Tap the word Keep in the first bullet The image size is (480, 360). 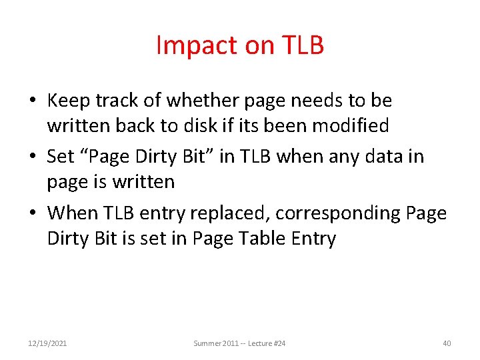(69, 101)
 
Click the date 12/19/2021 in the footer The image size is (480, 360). (47, 343)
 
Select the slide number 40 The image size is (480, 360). (447, 343)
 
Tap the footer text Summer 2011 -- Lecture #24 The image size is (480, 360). (239, 343)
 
